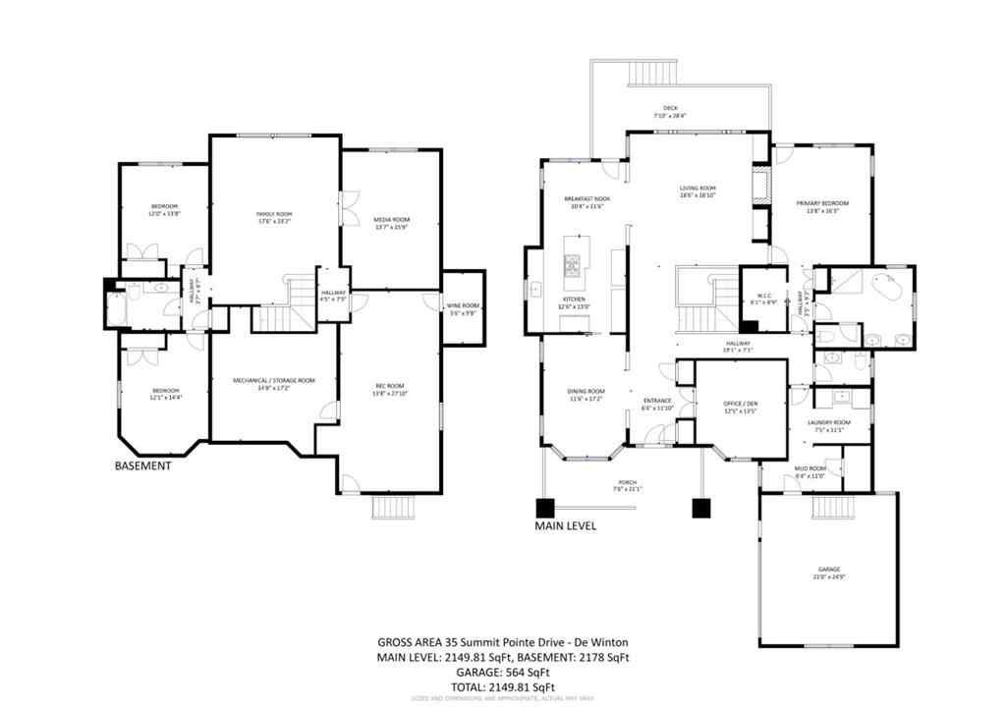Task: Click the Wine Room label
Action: tap(463, 310)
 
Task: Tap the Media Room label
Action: tap(392, 219)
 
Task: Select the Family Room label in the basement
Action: tap(275, 213)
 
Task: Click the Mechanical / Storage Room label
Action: tap(273, 380)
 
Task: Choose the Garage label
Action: tap(829, 569)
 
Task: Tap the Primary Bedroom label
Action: tap(821, 202)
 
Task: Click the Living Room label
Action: tap(698, 189)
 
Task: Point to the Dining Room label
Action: tap(586, 392)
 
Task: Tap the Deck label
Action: tap(670, 108)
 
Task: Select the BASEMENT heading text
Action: tap(143, 465)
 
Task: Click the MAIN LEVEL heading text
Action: tap(565, 525)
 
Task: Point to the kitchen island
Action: tap(573, 264)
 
